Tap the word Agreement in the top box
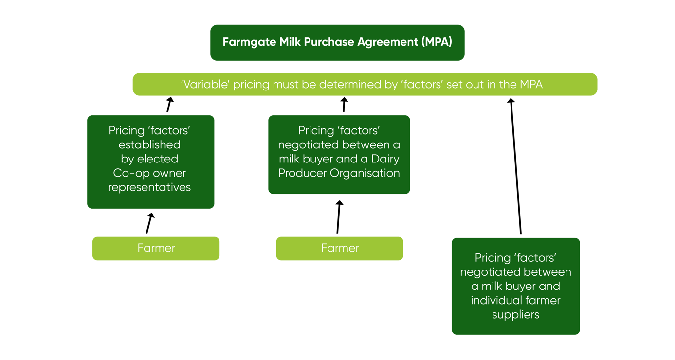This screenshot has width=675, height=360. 387,42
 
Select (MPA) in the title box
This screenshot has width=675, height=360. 437,42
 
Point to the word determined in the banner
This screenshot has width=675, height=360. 346,85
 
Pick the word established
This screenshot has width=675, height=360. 149,145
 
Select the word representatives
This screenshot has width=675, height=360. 149,187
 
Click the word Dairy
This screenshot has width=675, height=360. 385,159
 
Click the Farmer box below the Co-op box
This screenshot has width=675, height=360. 156,248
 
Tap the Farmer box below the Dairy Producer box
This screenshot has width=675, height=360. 340,248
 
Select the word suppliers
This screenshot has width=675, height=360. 515,314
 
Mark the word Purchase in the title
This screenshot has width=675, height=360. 330,42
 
